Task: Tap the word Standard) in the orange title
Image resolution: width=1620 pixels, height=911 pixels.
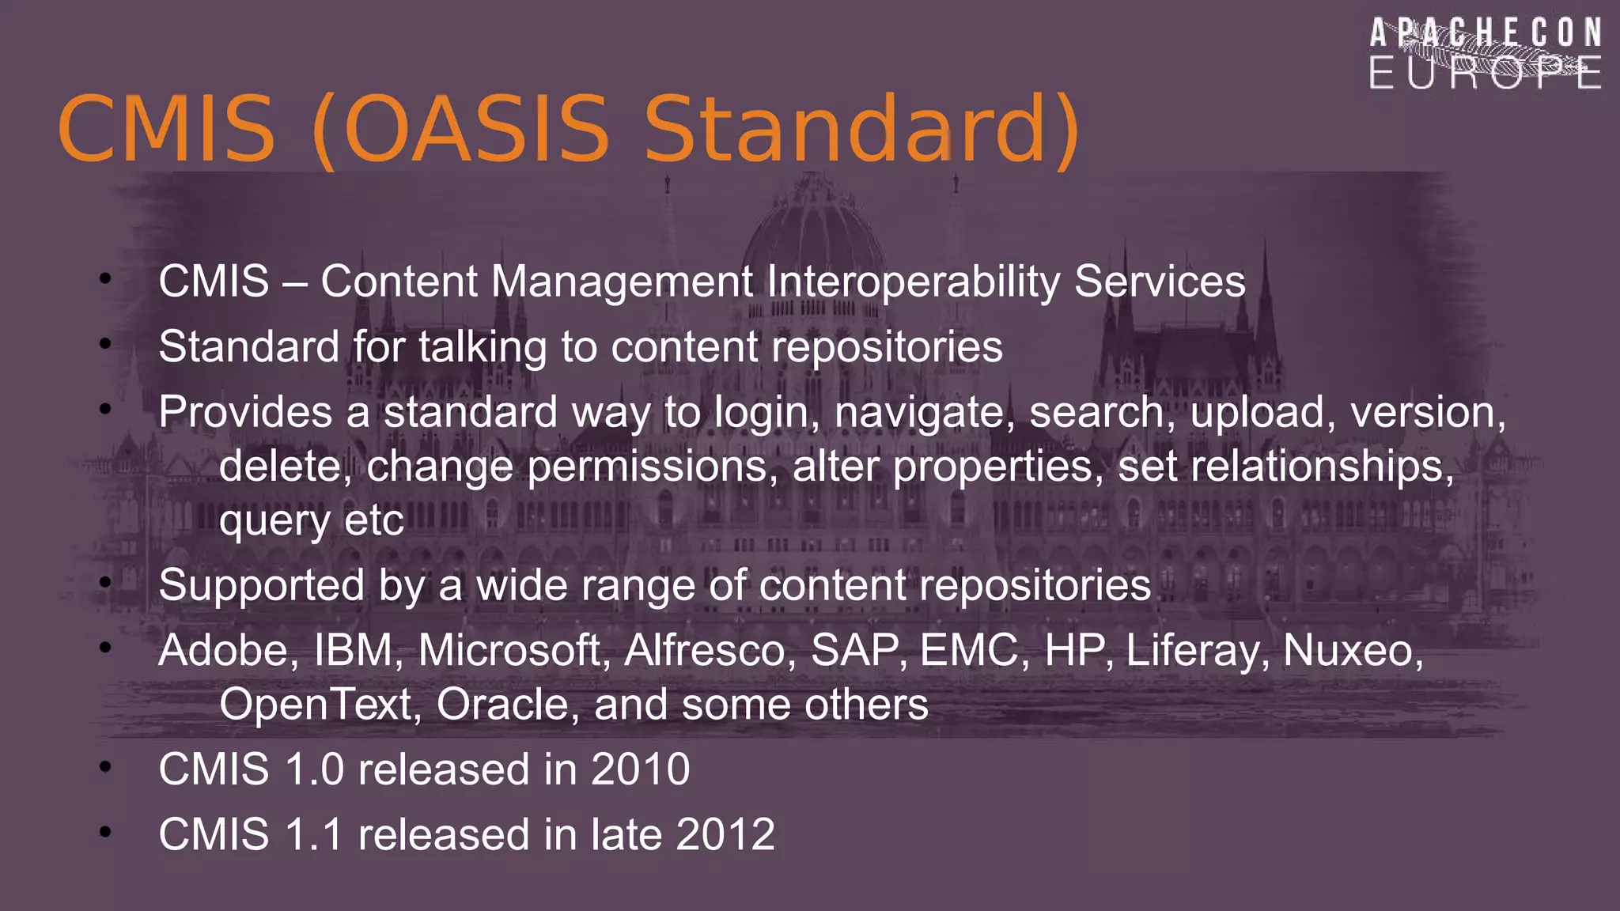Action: coord(862,129)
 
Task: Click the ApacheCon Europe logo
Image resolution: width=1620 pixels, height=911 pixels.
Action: coord(1486,54)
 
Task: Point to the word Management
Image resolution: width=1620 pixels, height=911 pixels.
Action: coord(622,282)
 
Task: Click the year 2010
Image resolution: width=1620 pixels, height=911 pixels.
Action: coord(640,769)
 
